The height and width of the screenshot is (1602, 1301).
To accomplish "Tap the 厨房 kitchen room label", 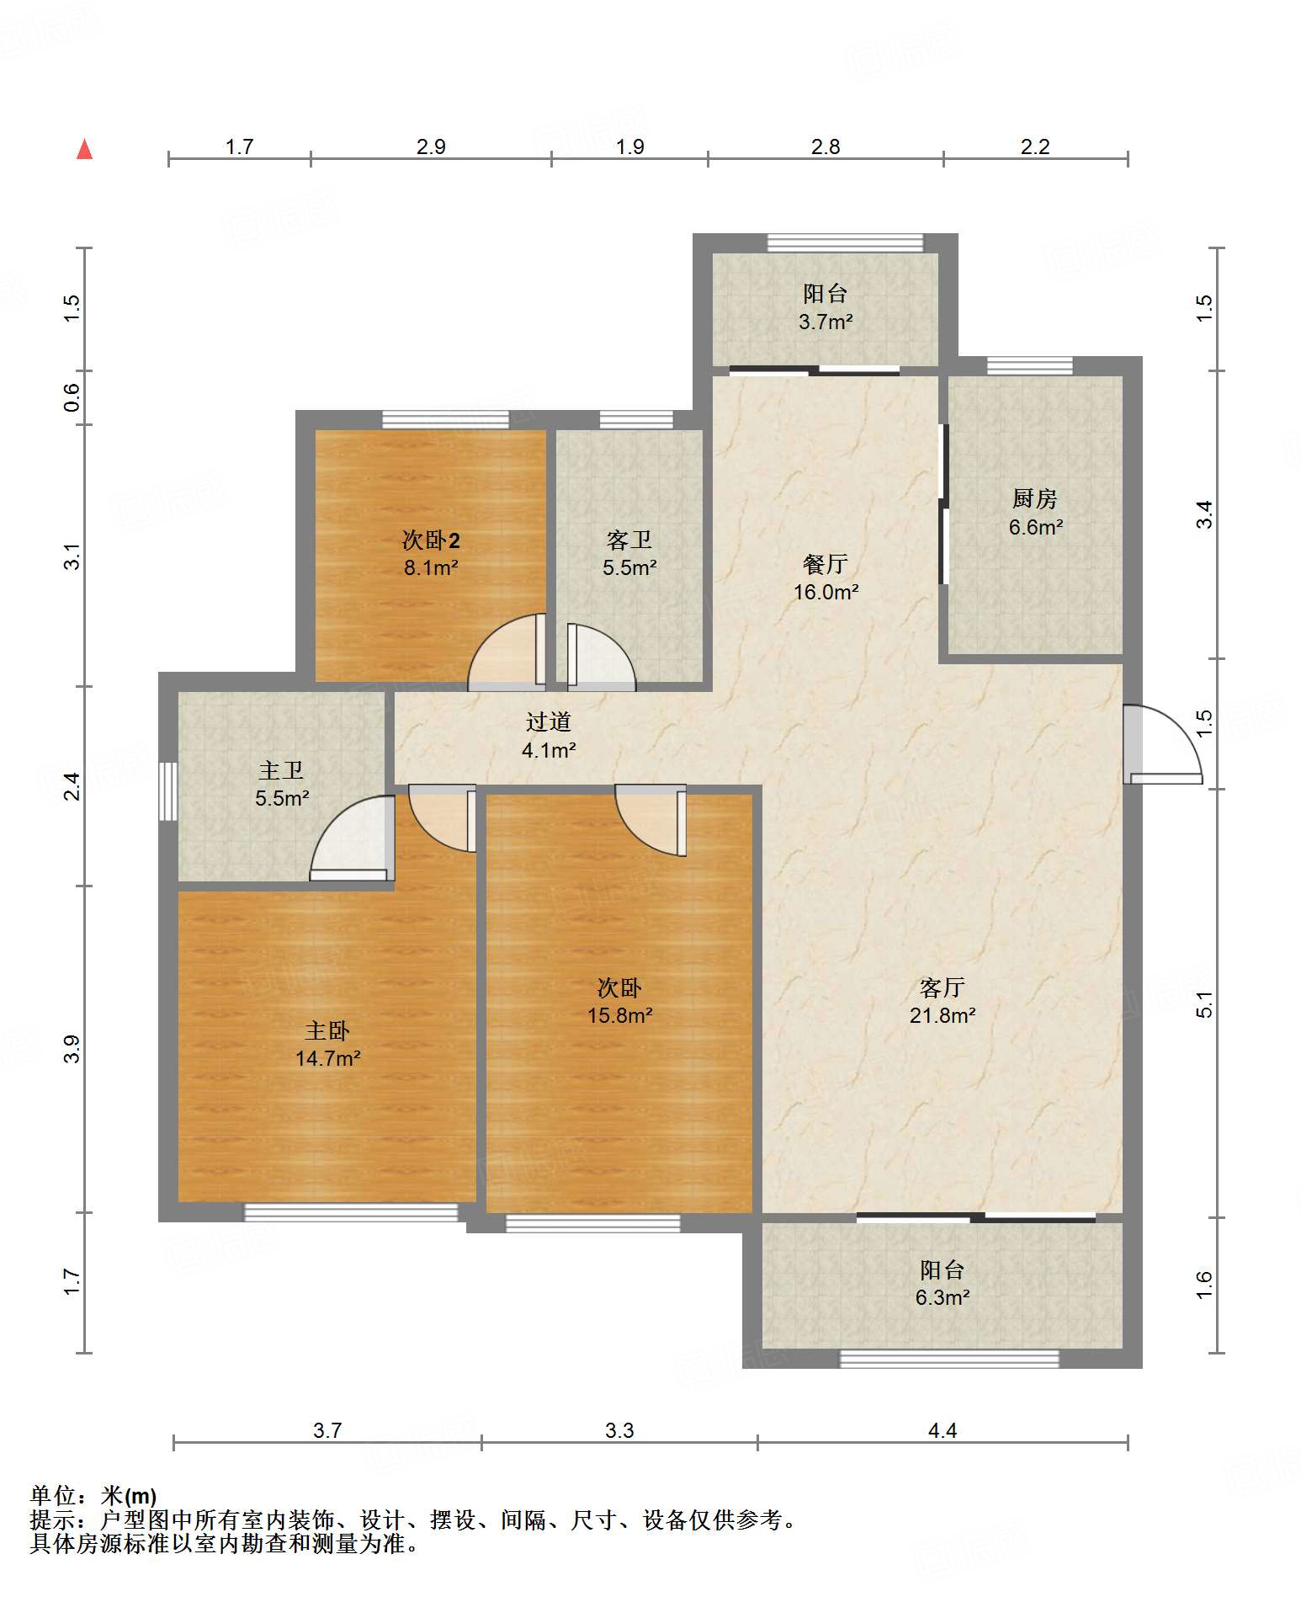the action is tap(1034, 498).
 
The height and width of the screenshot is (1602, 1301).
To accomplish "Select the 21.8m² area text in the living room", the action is tap(942, 1015).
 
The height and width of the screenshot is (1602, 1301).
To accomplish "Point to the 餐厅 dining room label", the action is tap(825, 564).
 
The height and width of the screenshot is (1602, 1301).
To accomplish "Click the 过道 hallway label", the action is tap(549, 721).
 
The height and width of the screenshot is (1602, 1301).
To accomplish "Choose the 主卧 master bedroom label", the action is tap(327, 1030).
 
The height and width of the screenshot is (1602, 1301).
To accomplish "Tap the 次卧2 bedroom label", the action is tap(431, 540).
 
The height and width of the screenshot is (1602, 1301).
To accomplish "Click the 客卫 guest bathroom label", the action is tap(629, 540).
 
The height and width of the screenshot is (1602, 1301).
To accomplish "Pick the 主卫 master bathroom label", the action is tap(281, 770).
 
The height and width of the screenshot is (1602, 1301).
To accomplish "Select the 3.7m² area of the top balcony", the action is tap(826, 322).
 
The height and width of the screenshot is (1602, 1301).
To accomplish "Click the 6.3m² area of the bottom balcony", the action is tap(943, 1297).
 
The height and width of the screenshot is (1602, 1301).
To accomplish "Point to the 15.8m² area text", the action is tap(619, 1015).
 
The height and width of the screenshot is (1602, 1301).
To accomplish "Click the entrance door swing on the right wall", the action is tap(1162, 744).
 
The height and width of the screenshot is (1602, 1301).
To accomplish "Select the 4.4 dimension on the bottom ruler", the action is tap(943, 1430).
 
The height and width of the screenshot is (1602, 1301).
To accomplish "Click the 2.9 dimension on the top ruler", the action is tap(431, 146).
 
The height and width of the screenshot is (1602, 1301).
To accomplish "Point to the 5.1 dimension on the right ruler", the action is tap(1205, 1005).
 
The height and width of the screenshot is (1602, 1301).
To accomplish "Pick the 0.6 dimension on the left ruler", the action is tap(72, 397).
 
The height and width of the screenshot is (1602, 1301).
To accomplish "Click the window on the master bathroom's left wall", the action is tap(168, 791).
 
